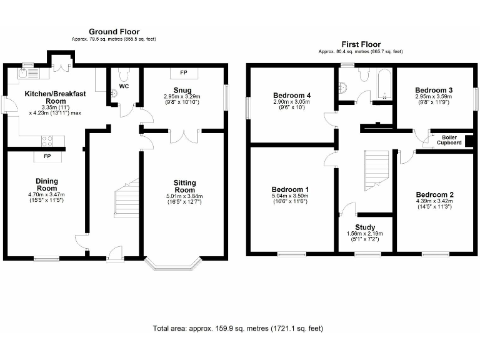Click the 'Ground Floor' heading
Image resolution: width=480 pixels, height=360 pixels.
pos(114,31)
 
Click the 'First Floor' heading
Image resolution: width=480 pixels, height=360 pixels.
pos(360,44)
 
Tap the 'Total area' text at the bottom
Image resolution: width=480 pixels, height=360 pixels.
pos(238,328)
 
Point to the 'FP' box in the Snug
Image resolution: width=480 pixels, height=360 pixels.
pos(184,72)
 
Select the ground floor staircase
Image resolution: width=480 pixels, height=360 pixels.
pos(126,198)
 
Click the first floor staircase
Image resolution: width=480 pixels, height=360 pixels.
pos(376,169)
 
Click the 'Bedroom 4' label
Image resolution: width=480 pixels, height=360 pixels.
pos(292,95)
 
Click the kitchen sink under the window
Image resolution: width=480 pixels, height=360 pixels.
pos(29,74)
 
